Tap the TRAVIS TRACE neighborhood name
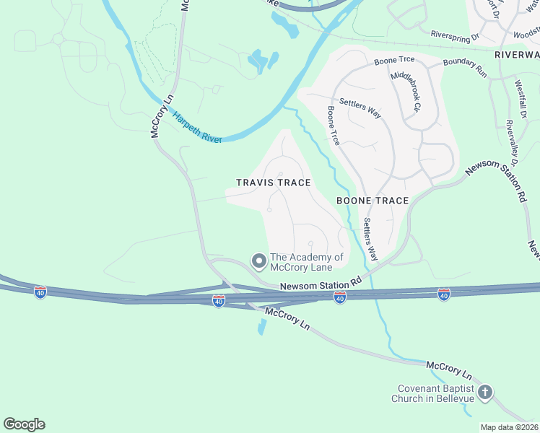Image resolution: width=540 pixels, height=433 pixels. click(273, 183)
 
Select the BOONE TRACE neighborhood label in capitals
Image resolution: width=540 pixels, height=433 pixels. click(373, 201)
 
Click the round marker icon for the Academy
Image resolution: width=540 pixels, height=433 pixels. click(258, 261)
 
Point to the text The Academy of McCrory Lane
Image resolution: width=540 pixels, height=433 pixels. click(307, 263)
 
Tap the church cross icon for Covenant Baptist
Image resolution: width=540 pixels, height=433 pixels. click(485, 393)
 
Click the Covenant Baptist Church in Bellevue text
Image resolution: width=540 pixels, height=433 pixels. click(433, 393)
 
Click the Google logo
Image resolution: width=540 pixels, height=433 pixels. click(24, 424)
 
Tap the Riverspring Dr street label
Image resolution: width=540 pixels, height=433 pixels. click(455, 34)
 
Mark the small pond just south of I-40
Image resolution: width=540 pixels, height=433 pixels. click(261, 327)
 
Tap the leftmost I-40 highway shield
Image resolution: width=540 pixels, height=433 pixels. click(40, 292)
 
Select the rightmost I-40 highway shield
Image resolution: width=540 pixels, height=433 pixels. click(443, 294)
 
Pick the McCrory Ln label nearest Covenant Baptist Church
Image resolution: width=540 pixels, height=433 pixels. click(448, 371)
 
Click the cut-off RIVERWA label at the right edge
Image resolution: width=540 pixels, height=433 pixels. click(517, 55)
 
